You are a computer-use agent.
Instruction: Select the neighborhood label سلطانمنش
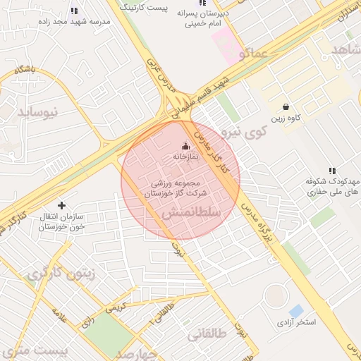[x=191, y=212]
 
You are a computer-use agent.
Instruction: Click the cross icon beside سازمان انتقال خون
[x=62, y=205]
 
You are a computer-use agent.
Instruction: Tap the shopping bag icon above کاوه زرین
[x=285, y=106]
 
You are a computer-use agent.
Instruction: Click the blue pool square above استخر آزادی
[x=296, y=310]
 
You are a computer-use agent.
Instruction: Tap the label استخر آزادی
[x=297, y=322]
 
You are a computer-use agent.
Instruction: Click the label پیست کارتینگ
[x=164, y=7]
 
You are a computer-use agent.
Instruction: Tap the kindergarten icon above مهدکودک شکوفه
[x=332, y=171]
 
